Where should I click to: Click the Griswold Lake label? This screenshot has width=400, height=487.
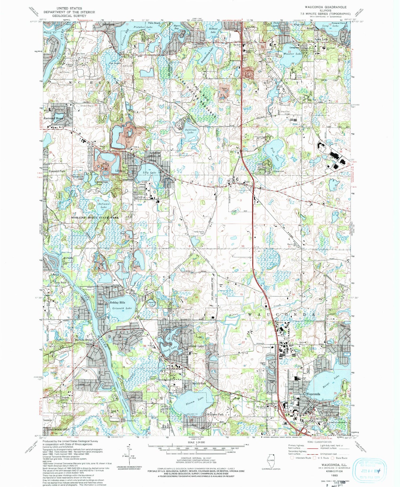pyautogui.click(x=121, y=308)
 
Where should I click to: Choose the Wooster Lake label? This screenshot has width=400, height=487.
pyautogui.click(x=293, y=54)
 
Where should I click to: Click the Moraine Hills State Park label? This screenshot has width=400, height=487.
pyautogui.click(x=95, y=218)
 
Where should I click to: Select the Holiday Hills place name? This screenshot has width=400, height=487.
pyautogui.click(x=117, y=303)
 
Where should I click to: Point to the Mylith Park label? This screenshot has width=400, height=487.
pyautogui.click(x=199, y=384)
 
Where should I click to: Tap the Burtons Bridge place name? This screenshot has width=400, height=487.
pyautogui.click(x=84, y=340)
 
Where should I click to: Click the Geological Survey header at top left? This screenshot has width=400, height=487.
pyautogui.click(x=63, y=12)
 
